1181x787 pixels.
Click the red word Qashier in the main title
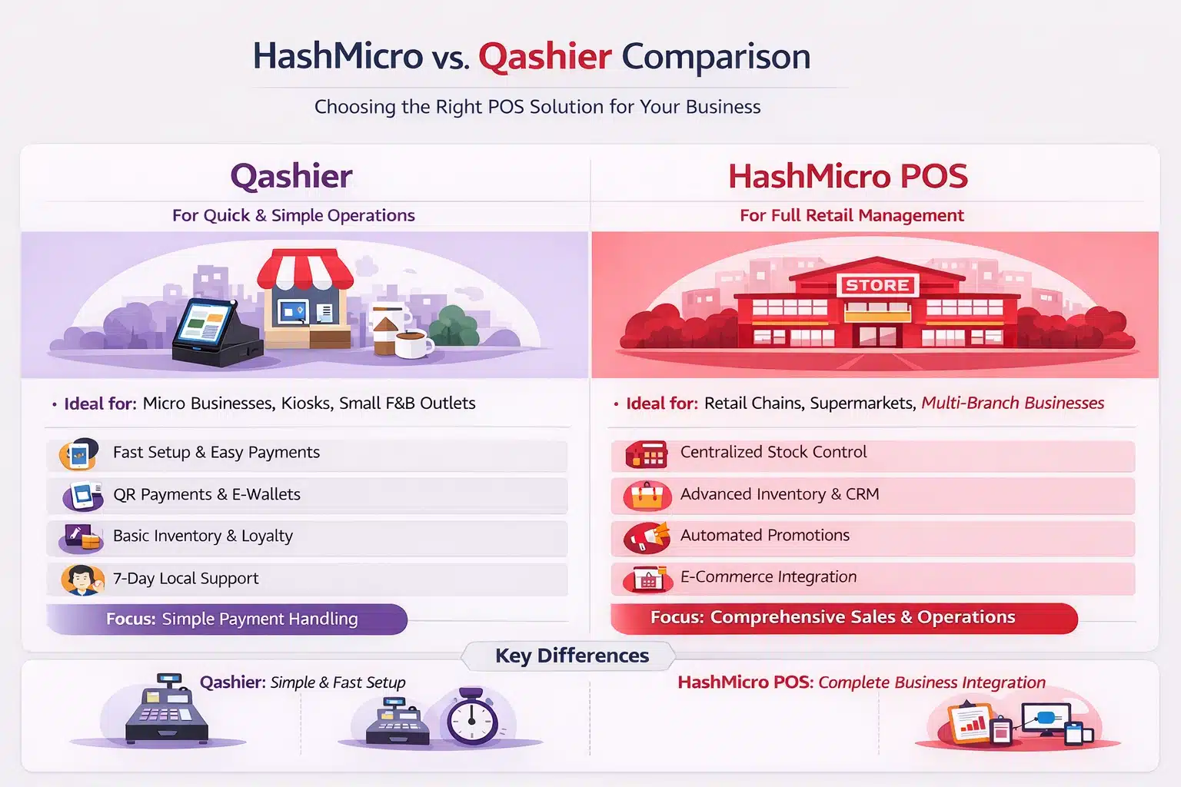pyautogui.click(x=545, y=56)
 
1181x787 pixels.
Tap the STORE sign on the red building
pyautogui.click(x=877, y=285)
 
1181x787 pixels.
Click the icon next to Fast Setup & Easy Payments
pyautogui.click(x=79, y=454)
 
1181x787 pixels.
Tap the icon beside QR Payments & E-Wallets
pyautogui.click(x=83, y=496)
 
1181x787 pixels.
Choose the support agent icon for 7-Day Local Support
pyautogui.click(x=82, y=579)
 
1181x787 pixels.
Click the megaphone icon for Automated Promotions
pyautogui.click(x=647, y=537)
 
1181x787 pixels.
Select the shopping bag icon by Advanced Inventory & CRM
pyautogui.click(x=647, y=496)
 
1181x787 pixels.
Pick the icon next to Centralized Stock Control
pyautogui.click(x=647, y=454)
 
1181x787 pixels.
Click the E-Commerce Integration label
pyautogui.click(x=768, y=576)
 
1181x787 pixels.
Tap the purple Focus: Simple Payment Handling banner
pyautogui.click(x=228, y=619)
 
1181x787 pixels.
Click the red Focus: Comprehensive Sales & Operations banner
pyautogui.click(x=844, y=618)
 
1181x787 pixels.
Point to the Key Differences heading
pyautogui.click(x=572, y=656)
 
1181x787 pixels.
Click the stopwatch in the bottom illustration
pyautogui.click(x=472, y=717)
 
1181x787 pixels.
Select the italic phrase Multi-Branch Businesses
pyautogui.click(x=1013, y=403)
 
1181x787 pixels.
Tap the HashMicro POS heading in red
pyautogui.click(x=848, y=176)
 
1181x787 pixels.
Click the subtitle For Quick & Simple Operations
pyautogui.click(x=294, y=216)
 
